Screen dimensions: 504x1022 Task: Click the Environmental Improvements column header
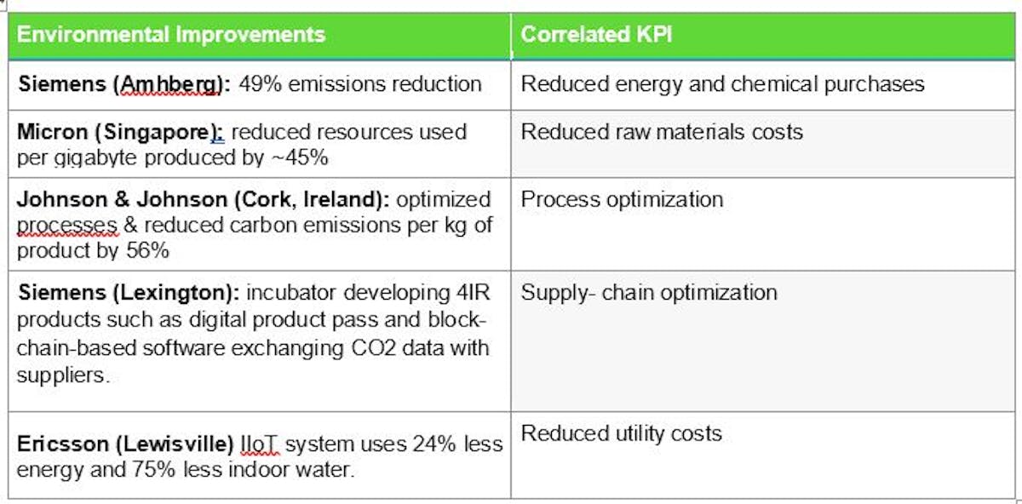(171, 35)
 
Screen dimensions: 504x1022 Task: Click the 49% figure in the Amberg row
(259, 83)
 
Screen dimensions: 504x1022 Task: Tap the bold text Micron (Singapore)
(120, 132)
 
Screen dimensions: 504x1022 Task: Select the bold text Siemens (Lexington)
(128, 293)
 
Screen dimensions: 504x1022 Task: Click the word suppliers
(61, 375)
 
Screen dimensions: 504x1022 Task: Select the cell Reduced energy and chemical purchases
(722, 83)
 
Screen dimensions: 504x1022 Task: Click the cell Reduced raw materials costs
(662, 132)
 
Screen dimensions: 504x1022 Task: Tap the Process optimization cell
(622, 199)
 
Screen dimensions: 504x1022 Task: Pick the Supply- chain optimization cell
(649, 293)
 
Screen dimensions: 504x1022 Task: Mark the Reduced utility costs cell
(621, 433)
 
